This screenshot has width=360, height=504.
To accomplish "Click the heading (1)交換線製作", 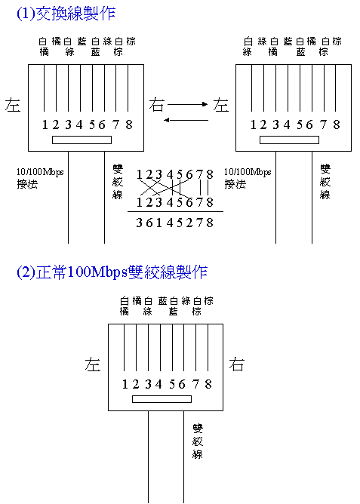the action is pos(66,14).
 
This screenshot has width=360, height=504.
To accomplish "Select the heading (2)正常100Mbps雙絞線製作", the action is pos(112,272).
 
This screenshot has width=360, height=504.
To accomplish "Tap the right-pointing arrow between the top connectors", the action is pos(188,104).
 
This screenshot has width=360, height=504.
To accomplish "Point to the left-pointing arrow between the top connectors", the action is pos(186,120).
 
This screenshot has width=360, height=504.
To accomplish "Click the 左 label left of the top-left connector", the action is pos(13,105).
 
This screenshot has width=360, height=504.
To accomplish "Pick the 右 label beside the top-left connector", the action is pos(156,105).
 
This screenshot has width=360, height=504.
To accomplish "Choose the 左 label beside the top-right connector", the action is pos(221,105).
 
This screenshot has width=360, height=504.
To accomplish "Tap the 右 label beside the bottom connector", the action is pos(236,364).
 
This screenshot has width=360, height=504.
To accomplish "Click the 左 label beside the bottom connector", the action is pos(93,364).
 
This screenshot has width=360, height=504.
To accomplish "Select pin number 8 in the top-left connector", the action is pos(129,124).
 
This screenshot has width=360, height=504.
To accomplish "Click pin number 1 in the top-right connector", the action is pos(254,124).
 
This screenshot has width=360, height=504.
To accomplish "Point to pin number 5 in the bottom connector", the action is pos(173,384).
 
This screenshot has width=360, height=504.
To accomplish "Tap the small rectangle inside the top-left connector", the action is pos(82,140).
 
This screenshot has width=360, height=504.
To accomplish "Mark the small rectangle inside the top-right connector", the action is pos(289,140).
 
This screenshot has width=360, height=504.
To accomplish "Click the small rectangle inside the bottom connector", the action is pos(162,399).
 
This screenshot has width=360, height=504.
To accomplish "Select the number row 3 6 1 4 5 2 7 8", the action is pos(174,223).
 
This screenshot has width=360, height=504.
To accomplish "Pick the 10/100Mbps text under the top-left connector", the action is pos(40,172).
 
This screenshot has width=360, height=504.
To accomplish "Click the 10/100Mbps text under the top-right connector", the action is pos(248,172).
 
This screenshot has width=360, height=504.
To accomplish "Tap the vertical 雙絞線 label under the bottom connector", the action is pos(198,441).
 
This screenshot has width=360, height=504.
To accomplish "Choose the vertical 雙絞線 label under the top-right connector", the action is pos(325,182).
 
